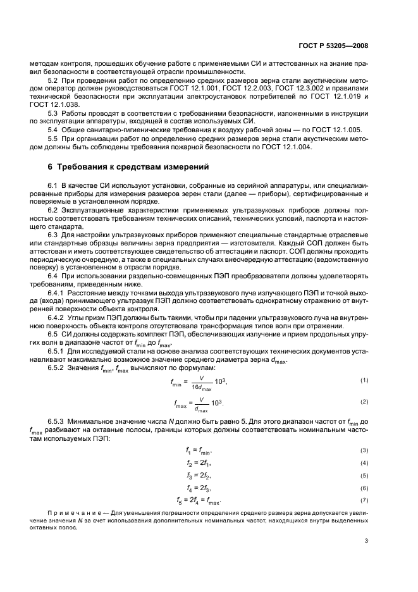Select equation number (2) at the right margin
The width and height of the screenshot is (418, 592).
[x=364, y=402]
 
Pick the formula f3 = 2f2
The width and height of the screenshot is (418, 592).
[x=199, y=476]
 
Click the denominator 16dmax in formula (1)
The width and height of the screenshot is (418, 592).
[x=202, y=386]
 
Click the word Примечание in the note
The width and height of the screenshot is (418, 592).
[x=72, y=512]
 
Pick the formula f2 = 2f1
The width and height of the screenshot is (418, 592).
[x=199, y=463]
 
